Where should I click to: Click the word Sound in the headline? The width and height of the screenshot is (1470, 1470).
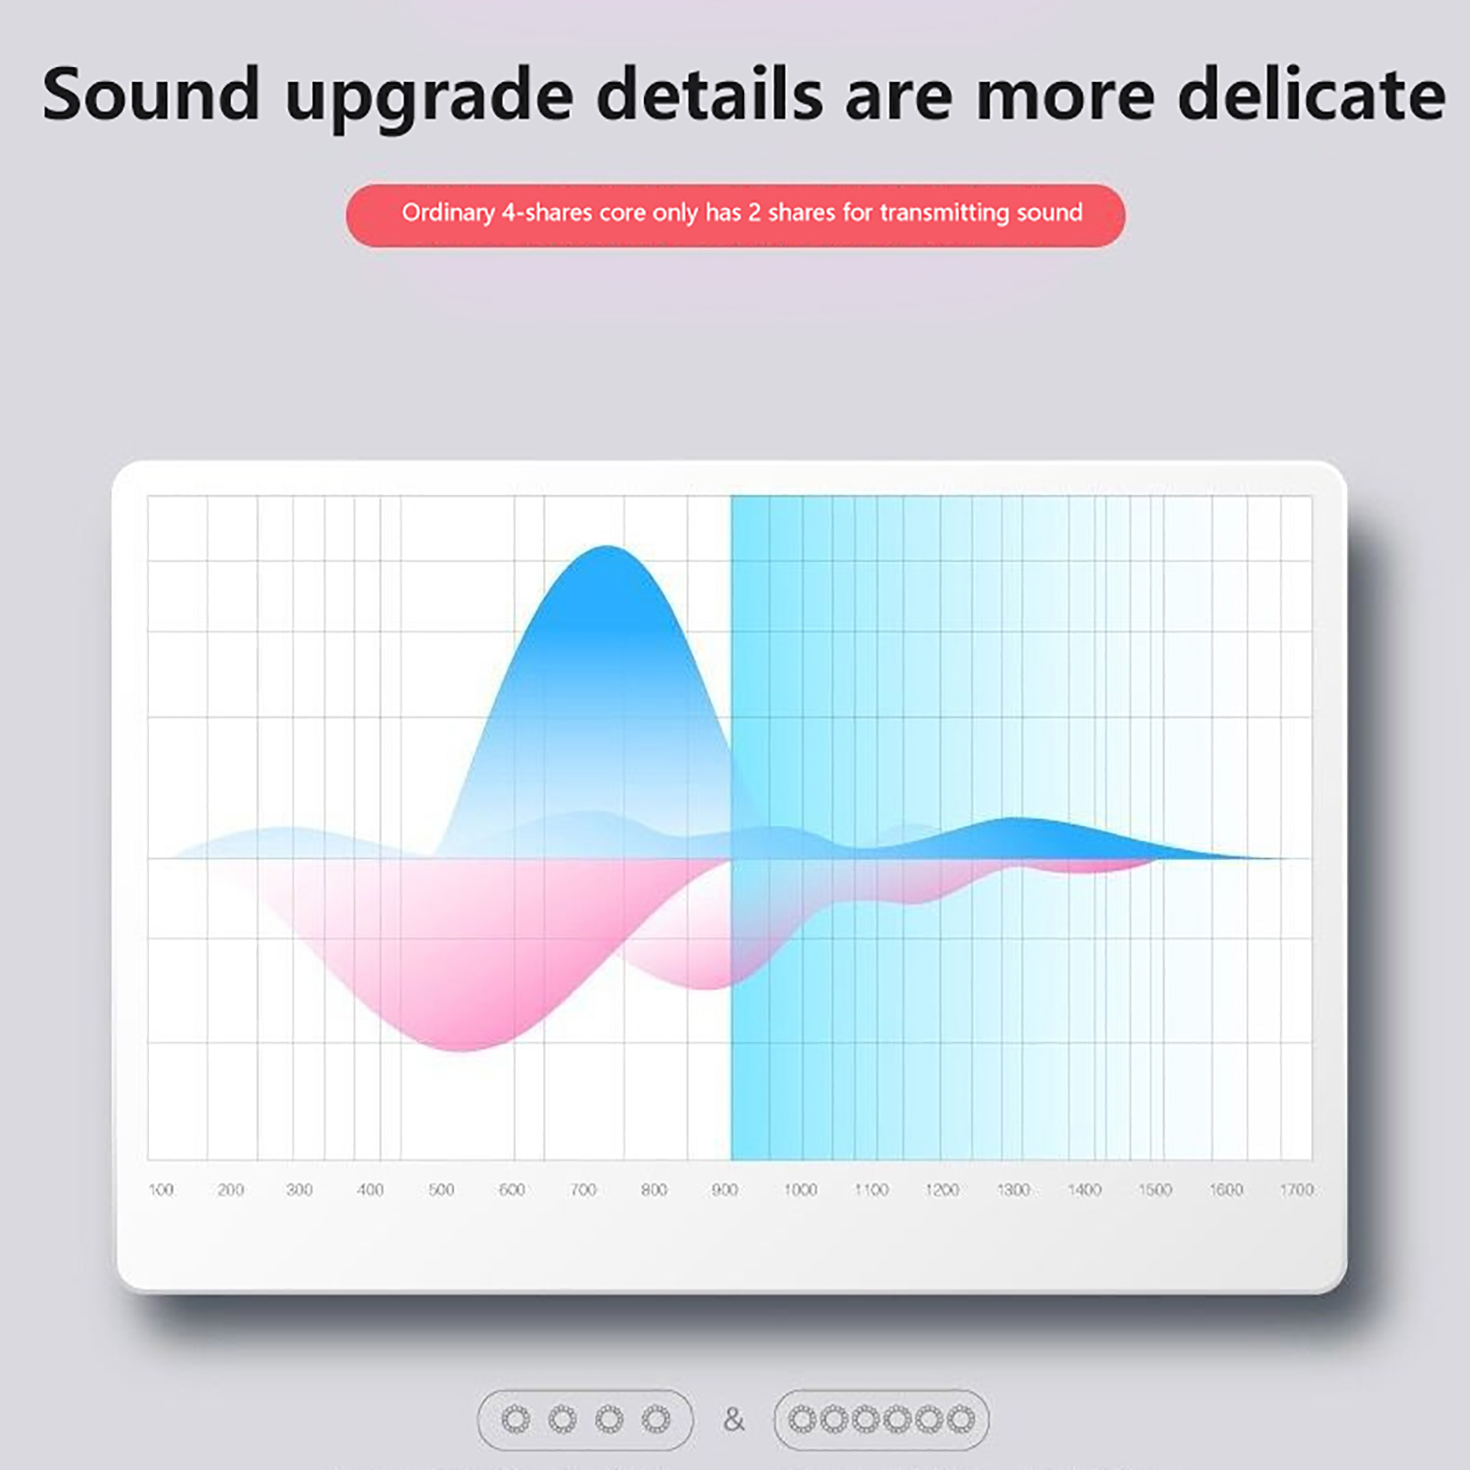tap(152, 95)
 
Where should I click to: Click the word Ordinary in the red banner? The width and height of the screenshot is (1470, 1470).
tap(448, 213)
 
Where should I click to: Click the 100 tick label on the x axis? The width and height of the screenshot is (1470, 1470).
tap(161, 1190)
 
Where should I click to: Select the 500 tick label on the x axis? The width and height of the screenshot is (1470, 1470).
tap(441, 1190)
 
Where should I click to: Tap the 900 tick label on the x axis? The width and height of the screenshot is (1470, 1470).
tap(725, 1190)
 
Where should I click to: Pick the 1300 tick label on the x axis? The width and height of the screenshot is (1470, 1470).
tap(1013, 1190)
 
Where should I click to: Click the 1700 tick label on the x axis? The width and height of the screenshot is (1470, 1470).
tap(1297, 1190)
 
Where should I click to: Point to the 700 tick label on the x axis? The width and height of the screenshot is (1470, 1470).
tap(583, 1190)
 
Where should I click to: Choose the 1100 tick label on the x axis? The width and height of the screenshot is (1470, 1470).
tap(871, 1190)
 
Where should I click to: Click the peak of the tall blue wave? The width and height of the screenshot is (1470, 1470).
tap(607, 548)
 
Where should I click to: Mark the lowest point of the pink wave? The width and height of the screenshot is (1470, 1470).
tap(462, 1049)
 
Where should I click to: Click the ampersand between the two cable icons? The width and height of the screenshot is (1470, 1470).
tap(733, 1420)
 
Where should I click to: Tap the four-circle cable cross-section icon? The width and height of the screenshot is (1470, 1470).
tap(585, 1419)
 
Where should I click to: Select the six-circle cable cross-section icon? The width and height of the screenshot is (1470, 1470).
tap(881, 1419)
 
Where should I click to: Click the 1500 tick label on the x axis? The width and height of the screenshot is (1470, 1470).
tap(1155, 1190)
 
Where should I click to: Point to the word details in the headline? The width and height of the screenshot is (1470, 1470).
tap(709, 95)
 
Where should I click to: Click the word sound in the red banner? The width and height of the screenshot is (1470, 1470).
tap(1049, 213)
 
